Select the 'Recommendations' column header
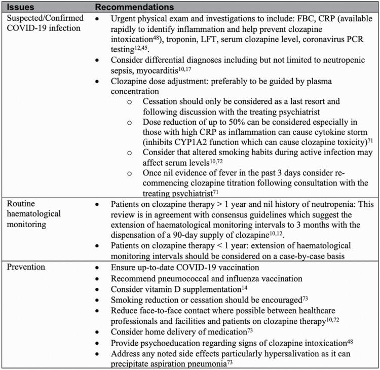pos(135,8)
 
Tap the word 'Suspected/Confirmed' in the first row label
pos(41,17)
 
